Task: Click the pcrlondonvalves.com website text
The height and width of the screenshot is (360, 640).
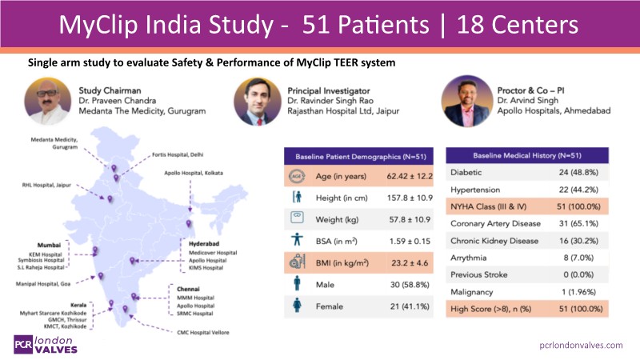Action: [x=580, y=344]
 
